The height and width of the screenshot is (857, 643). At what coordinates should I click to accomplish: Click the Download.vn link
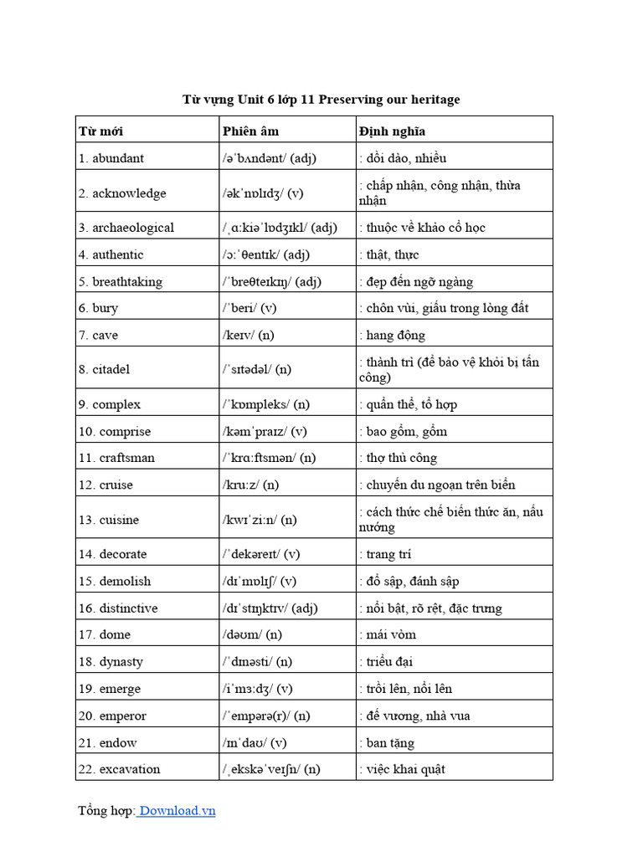click(177, 810)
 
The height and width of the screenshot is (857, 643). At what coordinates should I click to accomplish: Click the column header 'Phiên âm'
click(250, 131)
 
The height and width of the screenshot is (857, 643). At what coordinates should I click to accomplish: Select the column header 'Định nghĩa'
click(392, 131)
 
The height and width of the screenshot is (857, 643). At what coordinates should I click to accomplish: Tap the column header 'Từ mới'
click(100, 131)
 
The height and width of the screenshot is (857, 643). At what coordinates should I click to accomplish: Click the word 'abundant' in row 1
click(118, 158)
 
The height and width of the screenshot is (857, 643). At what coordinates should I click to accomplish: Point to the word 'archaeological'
click(133, 228)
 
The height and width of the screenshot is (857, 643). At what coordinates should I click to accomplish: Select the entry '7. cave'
click(99, 336)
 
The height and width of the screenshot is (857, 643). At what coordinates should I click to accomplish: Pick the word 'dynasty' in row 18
click(121, 661)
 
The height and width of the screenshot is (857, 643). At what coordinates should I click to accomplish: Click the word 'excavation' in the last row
click(130, 769)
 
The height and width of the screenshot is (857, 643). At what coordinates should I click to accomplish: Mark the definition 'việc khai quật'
click(405, 769)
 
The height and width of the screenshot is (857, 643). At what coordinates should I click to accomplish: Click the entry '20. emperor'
click(112, 716)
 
